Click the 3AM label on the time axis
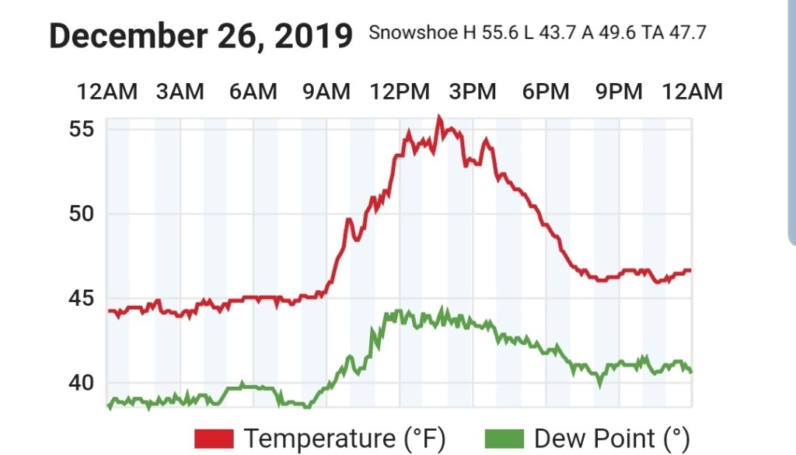point(180,92)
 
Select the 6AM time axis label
point(253,92)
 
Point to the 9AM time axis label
point(326,92)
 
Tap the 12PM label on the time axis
point(400,92)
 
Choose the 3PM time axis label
point(473,92)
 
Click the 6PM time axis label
point(546,92)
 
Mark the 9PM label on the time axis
point(619,92)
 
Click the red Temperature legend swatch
point(214,438)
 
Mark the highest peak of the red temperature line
point(439,117)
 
